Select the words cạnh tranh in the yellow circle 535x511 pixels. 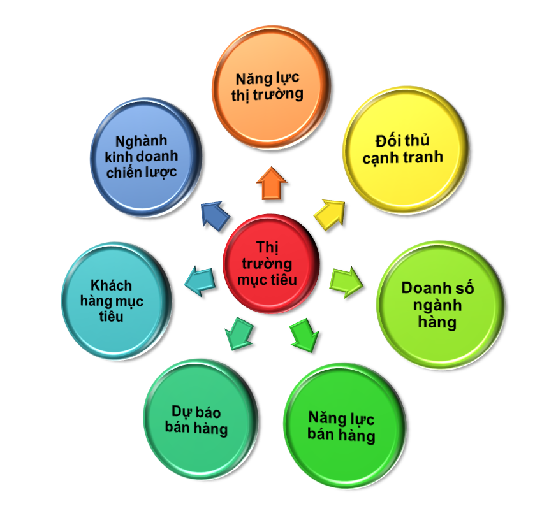pyautogui.click(x=402, y=157)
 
